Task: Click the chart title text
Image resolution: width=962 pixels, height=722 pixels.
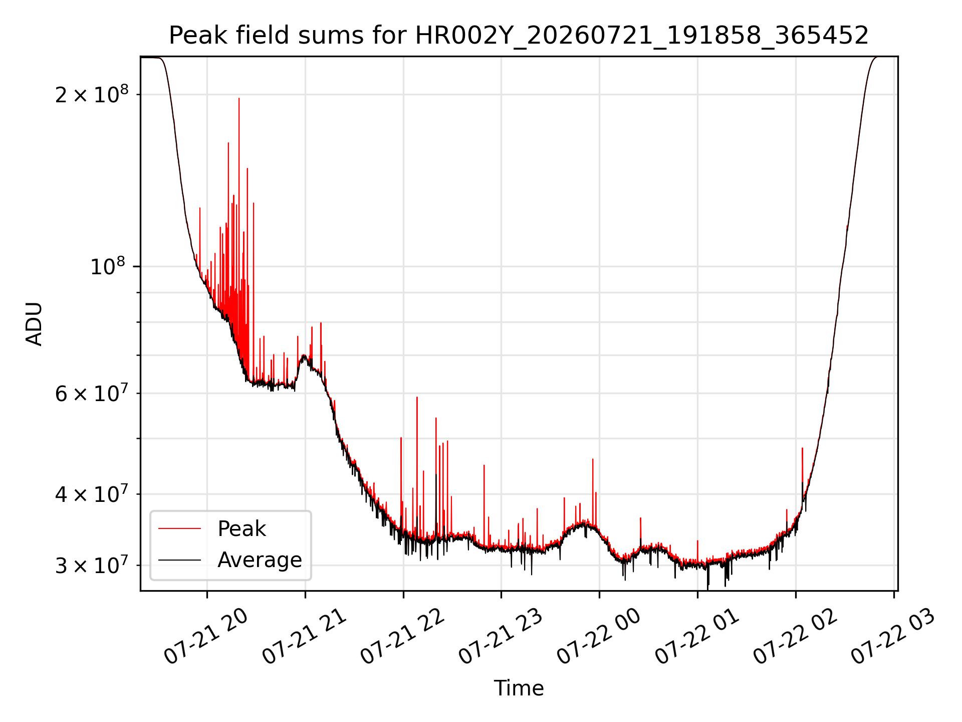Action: click(x=519, y=36)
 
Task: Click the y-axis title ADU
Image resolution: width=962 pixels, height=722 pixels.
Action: click(x=34, y=324)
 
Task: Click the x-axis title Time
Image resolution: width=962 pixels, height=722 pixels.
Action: click(x=519, y=688)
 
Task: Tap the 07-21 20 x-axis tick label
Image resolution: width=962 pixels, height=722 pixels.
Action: click(x=206, y=637)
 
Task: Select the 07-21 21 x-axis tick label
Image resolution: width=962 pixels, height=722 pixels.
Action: click(x=304, y=637)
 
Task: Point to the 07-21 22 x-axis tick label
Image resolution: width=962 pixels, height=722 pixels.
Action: click(x=402, y=637)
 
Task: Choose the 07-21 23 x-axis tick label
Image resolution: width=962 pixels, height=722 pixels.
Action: click(x=501, y=637)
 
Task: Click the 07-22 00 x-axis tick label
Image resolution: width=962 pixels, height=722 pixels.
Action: click(x=599, y=637)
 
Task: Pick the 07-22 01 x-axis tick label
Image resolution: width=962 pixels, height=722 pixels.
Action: click(x=697, y=637)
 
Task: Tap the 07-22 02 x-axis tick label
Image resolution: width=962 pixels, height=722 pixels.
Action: click(x=795, y=637)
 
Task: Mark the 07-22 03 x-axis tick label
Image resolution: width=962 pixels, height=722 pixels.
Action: click(x=893, y=637)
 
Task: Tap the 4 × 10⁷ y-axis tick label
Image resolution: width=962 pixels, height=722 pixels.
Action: click(x=92, y=494)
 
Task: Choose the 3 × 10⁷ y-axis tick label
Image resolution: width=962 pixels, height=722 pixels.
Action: click(x=92, y=565)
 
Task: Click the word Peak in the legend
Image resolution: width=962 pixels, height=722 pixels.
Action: click(x=242, y=529)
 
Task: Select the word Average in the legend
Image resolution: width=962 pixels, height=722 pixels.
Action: click(x=260, y=560)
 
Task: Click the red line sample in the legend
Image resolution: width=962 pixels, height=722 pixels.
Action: click(x=179, y=528)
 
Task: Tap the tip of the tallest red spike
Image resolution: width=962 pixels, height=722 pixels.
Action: click(x=239, y=98)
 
